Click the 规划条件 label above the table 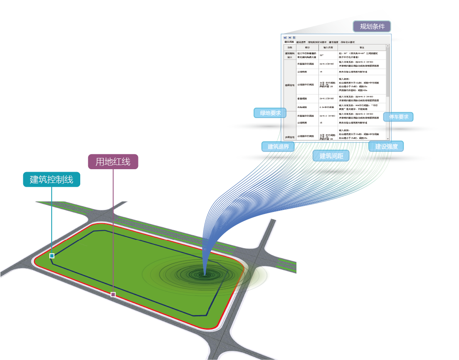click(372, 27)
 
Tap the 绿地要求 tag click(270, 113)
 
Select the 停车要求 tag click(398, 117)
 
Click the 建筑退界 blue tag click(278, 146)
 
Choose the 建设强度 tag click(386, 146)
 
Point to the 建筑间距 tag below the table click(331, 156)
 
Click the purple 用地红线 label click(113, 162)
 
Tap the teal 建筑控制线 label click(52, 180)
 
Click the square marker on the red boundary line click(113, 294)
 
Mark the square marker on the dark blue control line click(52, 256)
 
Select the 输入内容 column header click(328, 48)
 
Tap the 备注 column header click(362, 48)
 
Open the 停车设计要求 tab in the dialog click(348, 42)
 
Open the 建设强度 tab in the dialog click(333, 42)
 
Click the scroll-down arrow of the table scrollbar click(388, 138)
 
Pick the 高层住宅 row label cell click(289, 85)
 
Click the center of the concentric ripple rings click(204, 274)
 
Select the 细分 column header click(307, 48)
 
